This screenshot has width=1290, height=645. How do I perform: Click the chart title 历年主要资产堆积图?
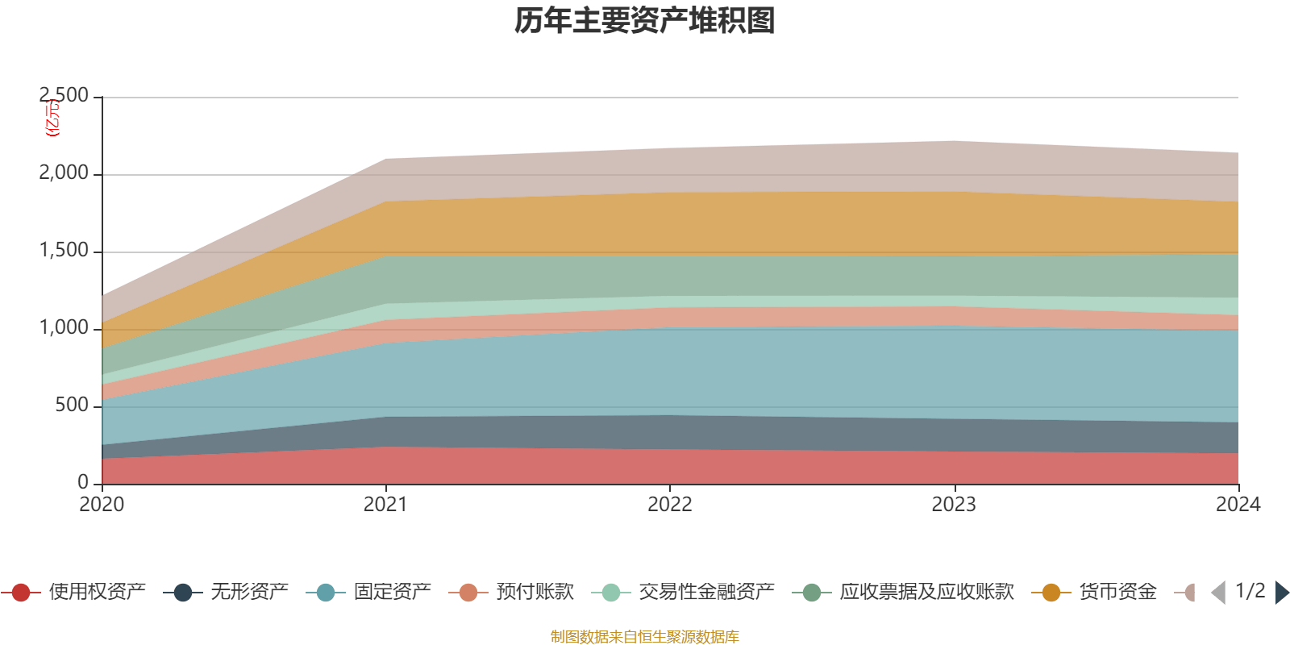(645, 21)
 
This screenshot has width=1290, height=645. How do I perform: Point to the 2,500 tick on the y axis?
(64, 96)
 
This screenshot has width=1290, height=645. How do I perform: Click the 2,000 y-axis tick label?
(64, 173)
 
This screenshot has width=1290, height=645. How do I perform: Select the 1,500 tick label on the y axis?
(64, 251)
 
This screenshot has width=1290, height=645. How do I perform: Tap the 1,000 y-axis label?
(64, 328)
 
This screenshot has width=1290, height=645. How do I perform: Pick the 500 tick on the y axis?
(73, 406)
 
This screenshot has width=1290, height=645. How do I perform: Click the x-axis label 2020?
(102, 505)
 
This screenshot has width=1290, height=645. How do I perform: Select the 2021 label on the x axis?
(385, 505)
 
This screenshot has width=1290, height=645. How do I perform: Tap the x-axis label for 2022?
(670, 505)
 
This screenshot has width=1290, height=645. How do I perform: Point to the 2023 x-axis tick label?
(954, 505)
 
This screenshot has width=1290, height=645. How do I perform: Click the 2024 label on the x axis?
(1238, 505)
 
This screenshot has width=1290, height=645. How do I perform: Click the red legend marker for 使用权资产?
(21, 593)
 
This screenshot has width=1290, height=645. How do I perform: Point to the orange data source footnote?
(644, 637)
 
